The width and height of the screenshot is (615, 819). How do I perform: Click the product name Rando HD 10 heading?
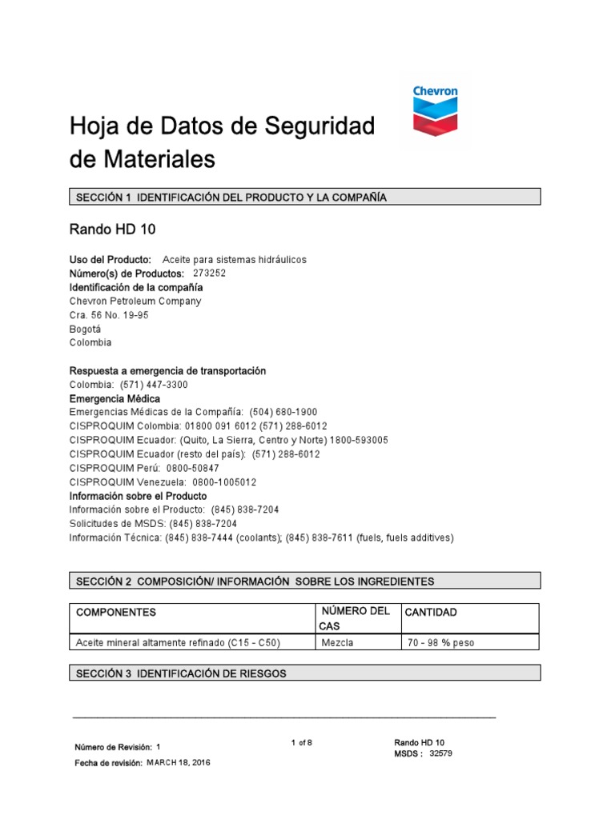(112, 230)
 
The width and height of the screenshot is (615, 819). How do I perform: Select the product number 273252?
(210, 273)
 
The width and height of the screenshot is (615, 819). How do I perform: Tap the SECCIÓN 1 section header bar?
(304, 197)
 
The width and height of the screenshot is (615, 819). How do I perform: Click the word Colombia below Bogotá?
(90, 342)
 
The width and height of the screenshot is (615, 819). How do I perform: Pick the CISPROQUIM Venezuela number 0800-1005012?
(224, 482)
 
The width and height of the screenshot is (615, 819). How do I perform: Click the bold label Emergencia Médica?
(115, 398)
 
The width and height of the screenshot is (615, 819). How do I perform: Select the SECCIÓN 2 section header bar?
(304, 581)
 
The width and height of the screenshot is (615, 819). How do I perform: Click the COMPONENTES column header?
(116, 612)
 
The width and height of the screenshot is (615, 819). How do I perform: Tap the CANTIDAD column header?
(431, 612)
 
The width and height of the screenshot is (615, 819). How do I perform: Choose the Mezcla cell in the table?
(337, 642)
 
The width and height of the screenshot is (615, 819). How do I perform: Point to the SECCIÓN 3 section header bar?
(304, 673)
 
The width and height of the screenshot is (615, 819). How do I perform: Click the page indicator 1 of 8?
(301, 743)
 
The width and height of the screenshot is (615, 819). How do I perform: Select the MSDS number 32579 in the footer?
(441, 753)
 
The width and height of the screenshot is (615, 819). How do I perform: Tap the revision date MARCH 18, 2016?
(178, 763)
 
